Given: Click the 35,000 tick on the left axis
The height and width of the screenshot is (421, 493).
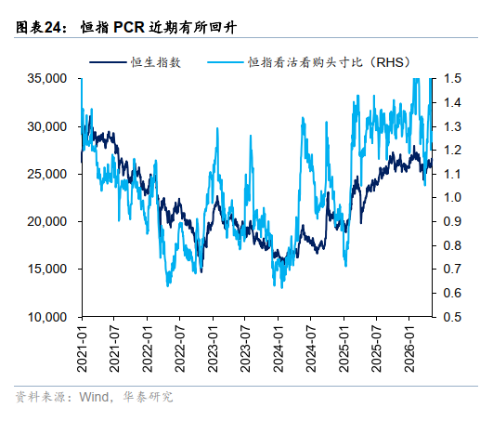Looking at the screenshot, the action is point(46,78).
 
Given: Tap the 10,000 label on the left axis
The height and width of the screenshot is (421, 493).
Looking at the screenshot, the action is point(46,317).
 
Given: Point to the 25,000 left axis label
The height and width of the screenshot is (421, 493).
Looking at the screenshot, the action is point(46,174).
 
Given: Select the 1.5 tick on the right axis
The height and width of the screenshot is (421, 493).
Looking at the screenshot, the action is point(452,78).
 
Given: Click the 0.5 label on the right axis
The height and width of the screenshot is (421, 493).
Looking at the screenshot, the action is point(452,317).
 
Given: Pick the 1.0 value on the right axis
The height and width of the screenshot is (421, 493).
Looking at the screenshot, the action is point(452,198).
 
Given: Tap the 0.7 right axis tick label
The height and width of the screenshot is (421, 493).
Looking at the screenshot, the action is point(452,269).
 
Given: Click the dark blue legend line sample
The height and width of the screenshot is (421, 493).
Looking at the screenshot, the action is point(108,62).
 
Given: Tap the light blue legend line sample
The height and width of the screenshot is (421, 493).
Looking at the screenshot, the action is point(226,62).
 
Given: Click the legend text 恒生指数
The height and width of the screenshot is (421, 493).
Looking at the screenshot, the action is point(156,62).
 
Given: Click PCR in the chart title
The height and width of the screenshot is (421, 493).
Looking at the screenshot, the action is point(129,27).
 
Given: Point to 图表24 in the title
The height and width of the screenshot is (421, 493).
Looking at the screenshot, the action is point(38,27).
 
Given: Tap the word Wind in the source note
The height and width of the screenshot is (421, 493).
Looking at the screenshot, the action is point(94,397).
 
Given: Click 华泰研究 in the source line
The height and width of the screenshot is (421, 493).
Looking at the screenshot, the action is point(148,397).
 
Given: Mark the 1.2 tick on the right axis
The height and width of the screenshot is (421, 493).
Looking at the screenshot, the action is point(452,150).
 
